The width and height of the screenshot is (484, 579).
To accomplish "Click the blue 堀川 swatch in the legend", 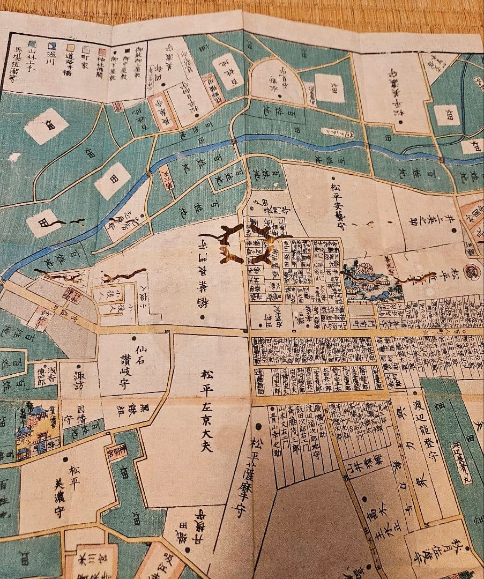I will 53,47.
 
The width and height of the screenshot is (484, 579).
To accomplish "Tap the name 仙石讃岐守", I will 140,365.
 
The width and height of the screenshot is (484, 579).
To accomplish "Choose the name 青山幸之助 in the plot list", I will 273,432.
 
